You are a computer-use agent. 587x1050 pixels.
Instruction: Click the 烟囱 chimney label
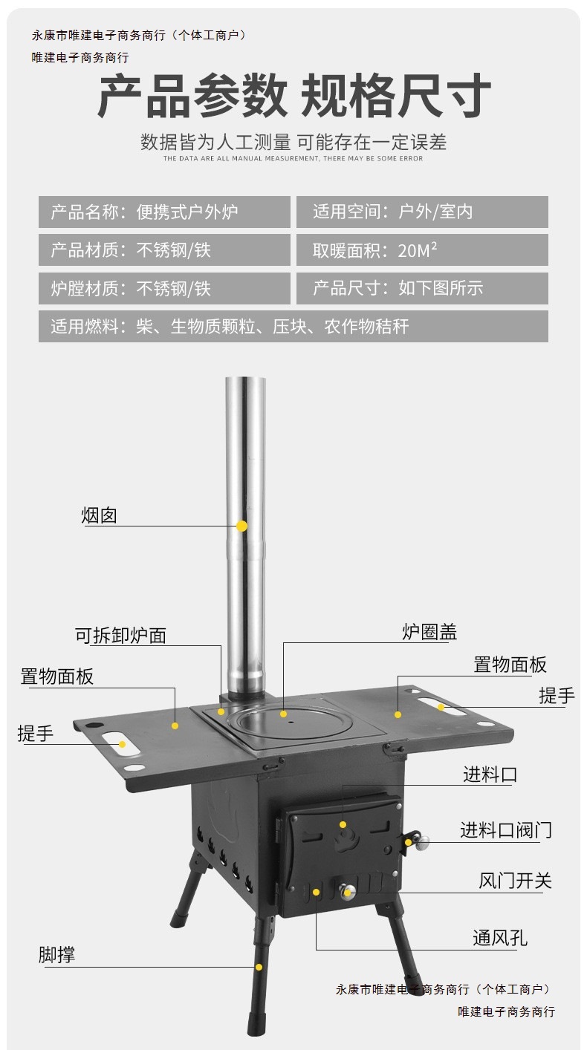click(x=100, y=515)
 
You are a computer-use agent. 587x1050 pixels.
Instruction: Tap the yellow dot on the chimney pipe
click(x=241, y=526)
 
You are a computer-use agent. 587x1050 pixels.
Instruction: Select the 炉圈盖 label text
click(x=429, y=632)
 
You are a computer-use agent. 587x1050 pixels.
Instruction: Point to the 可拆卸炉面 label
click(x=120, y=636)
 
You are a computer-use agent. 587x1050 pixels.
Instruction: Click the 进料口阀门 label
click(x=505, y=829)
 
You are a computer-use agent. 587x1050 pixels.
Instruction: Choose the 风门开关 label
click(x=515, y=881)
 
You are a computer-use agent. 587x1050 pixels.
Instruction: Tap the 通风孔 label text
click(x=500, y=938)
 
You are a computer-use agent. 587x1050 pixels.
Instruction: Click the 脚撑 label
click(x=57, y=955)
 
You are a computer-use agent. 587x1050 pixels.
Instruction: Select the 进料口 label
click(x=490, y=775)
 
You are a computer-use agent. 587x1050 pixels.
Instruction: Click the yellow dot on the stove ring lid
click(x=283, y=714)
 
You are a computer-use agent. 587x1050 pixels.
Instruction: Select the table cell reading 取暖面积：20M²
click(x=422, y=250)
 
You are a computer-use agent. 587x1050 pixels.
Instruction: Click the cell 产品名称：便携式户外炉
click(x=164, y=212)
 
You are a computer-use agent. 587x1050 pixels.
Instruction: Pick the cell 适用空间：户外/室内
click(x=422, y=212)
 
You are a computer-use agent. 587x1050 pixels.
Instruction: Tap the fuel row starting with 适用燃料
click(x=293, y=326)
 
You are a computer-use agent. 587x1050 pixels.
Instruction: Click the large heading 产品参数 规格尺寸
click(x=293, y=97)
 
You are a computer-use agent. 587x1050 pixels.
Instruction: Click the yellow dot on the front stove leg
click(x=259, y=967)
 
